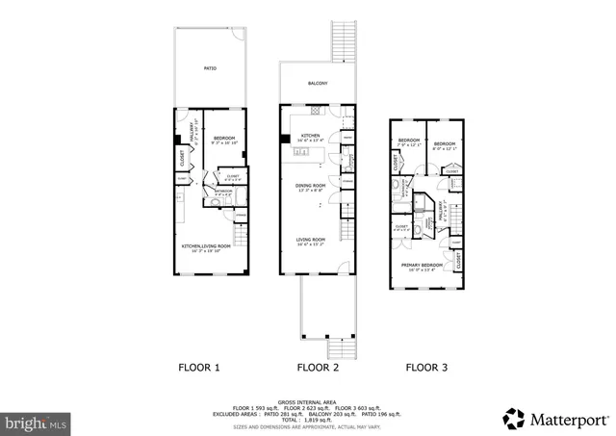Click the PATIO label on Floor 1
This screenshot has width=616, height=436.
210,68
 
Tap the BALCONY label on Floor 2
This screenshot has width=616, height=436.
318,84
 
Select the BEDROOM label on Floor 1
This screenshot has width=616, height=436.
224,139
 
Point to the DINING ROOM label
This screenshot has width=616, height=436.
311,185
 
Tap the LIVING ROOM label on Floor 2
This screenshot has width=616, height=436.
311,239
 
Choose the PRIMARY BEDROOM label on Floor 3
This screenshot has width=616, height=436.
423,265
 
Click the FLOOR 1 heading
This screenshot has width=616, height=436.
199,367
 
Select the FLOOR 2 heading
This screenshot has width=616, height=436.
317,367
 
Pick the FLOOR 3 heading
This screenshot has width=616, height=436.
425,367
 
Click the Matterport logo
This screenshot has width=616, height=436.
554,419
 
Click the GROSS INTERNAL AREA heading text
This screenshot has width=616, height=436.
309,401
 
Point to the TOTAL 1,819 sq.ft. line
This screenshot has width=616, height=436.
309,420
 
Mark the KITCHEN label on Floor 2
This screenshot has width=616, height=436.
311,136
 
